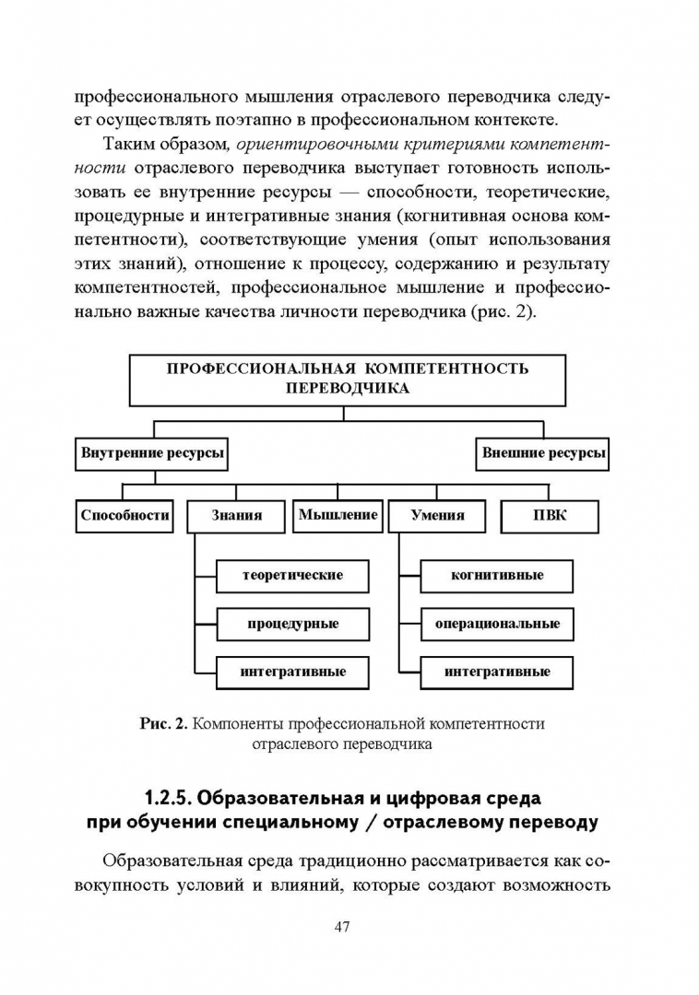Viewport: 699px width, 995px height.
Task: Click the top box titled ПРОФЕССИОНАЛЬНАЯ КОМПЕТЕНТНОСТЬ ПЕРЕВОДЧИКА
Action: pyautogui.click(x=348, y=379)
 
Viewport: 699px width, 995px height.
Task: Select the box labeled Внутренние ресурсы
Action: pyautogui.click(x=153, y=453)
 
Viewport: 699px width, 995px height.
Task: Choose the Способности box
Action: pyautogui.click(x=124, y=515)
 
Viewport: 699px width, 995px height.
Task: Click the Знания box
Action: pyautogui.click(x=236, y=516)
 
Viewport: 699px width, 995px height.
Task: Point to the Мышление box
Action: pyautogui.click(x=338, y=515)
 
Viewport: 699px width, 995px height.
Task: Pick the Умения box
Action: pyautogui.click(x=437, y=516)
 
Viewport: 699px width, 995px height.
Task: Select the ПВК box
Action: pyautogui.click(x=550, y=516)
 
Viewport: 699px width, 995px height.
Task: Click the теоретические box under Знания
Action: pyautogui.click(x=292, y=575)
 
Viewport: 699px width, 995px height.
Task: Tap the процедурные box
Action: pyautogui.click(x=292, y=624)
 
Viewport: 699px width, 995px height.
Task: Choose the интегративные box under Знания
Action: pyautogui.click(x=292, y=672)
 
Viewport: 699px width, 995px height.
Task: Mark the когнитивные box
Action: pyautogui.click(x=497, y=575)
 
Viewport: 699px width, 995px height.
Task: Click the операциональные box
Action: pyautogui.click(x=497, y=624)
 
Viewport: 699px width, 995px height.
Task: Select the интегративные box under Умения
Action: pyautogui.click(x=497, y=672)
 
